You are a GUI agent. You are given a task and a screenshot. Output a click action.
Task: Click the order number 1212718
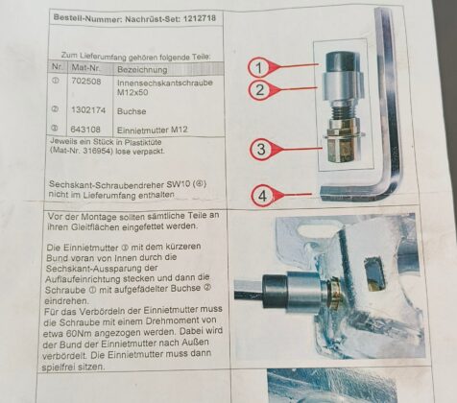coord(200,18)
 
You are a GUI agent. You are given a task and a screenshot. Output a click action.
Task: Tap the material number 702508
coord(86,82)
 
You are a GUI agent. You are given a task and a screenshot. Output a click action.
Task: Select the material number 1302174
coord(88,110)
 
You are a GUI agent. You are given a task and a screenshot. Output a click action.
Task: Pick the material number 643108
coord(85,130)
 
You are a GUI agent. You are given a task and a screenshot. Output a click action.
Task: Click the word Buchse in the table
coord(132,111)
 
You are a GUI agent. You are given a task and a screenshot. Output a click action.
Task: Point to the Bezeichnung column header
coord(142,69)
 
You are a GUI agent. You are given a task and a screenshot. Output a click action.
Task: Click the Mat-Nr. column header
coord(85,68)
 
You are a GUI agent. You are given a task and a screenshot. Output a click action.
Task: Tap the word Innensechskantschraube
coord(165,83)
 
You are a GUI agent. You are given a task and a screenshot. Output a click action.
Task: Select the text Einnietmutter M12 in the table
coord(153,130)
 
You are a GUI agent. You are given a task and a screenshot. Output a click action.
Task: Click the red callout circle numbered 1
coord(259,67)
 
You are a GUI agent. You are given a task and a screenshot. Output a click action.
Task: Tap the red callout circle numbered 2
coord(259,90)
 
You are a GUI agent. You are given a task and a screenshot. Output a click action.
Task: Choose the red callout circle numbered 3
coord(261,149)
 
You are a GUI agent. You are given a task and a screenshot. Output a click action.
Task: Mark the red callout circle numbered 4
coord(262,196)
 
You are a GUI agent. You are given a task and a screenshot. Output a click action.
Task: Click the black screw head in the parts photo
coord(341,62)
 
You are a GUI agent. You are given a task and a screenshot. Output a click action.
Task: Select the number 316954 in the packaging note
coord(96,151)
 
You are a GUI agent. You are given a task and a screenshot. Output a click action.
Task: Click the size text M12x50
coord(132,93)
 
